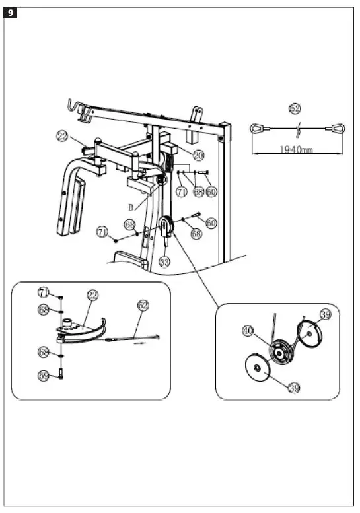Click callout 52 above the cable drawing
click(x=295, y=108)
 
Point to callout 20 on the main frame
click(x=199, y=154)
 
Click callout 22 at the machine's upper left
click(x=62, y=137)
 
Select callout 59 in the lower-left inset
click(x=44, y=376)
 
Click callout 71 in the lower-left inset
click(x=44, y=291)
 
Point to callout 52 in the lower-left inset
click(x=143, y=305)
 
